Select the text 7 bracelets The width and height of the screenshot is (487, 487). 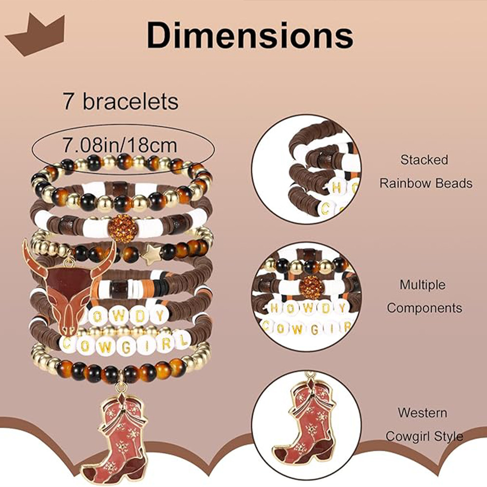120,102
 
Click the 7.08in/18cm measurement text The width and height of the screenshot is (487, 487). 120,145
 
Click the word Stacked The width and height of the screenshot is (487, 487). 424,160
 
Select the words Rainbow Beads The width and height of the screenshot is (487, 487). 426,183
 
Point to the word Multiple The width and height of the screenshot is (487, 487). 423,285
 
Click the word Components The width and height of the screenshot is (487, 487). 424,308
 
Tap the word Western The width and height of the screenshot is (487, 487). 422,413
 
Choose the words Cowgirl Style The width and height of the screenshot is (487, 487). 424,436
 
